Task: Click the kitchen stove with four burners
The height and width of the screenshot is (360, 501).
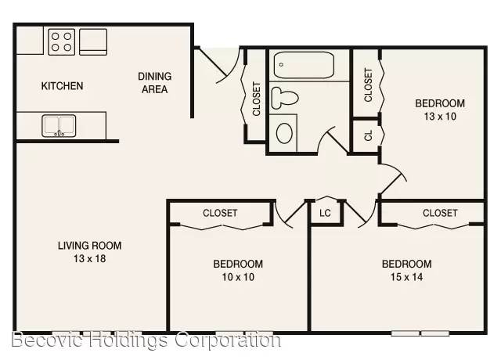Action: [61, 41]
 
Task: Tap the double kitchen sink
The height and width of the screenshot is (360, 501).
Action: [59, 126]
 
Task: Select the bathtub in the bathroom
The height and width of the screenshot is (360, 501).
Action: [304, 65]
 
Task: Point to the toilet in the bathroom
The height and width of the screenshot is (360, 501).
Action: [285, 98]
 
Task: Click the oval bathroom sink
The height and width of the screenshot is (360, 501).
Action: [284, 133]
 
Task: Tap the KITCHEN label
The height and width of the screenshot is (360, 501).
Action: [62, 86]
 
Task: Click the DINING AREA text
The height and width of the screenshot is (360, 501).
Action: [155, 83]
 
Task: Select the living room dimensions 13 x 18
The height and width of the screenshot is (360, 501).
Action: [89, 258]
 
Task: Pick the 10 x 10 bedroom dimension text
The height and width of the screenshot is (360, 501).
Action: [238, 277]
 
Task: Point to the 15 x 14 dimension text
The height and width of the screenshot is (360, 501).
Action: [406, 277]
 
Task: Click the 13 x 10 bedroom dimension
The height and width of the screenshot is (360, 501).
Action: [440, 117]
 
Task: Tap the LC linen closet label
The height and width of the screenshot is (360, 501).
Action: [325, 213]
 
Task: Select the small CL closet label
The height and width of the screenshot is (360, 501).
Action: [369, 135]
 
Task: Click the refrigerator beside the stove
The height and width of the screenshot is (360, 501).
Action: [93, 41]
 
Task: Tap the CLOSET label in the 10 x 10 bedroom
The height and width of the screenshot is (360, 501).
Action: [220, 213]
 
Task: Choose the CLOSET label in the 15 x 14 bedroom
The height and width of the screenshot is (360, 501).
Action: [440, 213]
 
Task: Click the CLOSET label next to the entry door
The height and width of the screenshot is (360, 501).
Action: [257, 99]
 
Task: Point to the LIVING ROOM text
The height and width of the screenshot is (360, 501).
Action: [89, 246]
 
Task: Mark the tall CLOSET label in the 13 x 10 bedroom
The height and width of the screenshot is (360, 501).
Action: [369, 85]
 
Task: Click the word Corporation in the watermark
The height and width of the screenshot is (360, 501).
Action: [228, 340]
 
